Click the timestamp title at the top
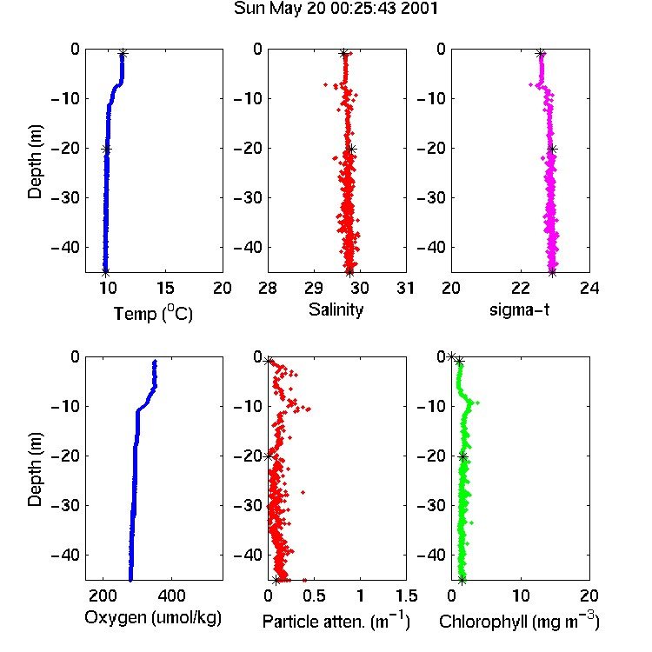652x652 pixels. (336, 9)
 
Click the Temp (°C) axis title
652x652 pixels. (153, 314)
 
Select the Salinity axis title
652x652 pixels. (336, 309)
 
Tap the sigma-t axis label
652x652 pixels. (519, 309)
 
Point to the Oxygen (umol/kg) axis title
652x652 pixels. (153, 618)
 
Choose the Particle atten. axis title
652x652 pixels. (336, 621)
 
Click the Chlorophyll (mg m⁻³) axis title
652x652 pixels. (519, 621)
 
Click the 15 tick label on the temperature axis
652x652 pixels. (165, 288)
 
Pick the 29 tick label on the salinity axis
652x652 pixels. (314, 288)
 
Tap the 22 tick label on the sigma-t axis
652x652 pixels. (521, 288)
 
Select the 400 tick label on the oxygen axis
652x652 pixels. (171, 595)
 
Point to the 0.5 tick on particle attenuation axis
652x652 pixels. (315, 595)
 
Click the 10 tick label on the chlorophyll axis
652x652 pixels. (521, 595)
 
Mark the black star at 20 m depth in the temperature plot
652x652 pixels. (106, 150)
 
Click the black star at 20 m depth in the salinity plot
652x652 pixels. (352, 150)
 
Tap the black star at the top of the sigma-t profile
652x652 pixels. (540, 53)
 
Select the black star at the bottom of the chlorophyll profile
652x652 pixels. (462, 580)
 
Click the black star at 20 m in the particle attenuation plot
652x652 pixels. (269, 456)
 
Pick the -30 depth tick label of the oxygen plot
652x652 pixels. (65, 506)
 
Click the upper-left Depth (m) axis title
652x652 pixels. (35, 162)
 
